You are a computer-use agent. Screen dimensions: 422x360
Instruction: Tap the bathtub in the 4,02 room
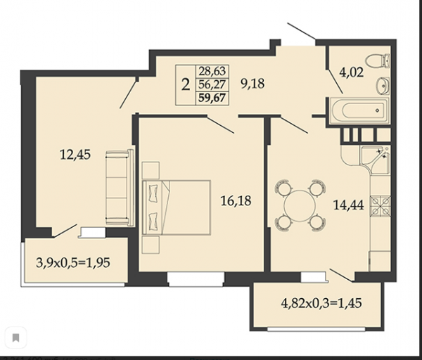pos(359,110)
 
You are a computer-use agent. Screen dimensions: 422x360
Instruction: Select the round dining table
pos(300,206)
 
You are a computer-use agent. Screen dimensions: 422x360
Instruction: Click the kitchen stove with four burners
pos(381,206)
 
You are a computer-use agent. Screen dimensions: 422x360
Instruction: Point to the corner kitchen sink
pos(376,159)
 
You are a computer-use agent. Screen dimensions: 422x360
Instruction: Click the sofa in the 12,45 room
pos(120,187)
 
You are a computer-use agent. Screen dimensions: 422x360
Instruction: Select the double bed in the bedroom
pos(177,207)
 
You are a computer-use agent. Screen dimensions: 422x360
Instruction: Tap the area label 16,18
pos(236,200)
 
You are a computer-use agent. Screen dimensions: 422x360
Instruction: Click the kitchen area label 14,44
pos(349,205)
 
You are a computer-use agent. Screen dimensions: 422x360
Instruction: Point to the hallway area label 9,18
pos(252,84)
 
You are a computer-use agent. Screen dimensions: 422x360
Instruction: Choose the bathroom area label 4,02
pos(352,72)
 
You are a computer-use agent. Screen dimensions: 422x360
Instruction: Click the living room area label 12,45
pos(75,155)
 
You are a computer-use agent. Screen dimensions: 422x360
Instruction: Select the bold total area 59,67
pos(212,98)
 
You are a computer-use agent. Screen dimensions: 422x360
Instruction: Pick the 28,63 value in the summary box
pos(212,71)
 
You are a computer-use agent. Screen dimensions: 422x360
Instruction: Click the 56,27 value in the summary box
pos(212,84)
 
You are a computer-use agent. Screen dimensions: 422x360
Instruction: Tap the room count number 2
pos(186,84)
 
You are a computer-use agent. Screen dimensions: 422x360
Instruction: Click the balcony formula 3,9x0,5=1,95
pos(73,262)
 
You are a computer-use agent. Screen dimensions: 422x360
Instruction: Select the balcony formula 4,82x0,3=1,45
pos(321,303)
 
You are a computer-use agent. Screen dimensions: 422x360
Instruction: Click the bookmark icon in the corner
pos(15,337)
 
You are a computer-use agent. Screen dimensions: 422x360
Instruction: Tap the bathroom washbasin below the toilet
pos(383,86)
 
